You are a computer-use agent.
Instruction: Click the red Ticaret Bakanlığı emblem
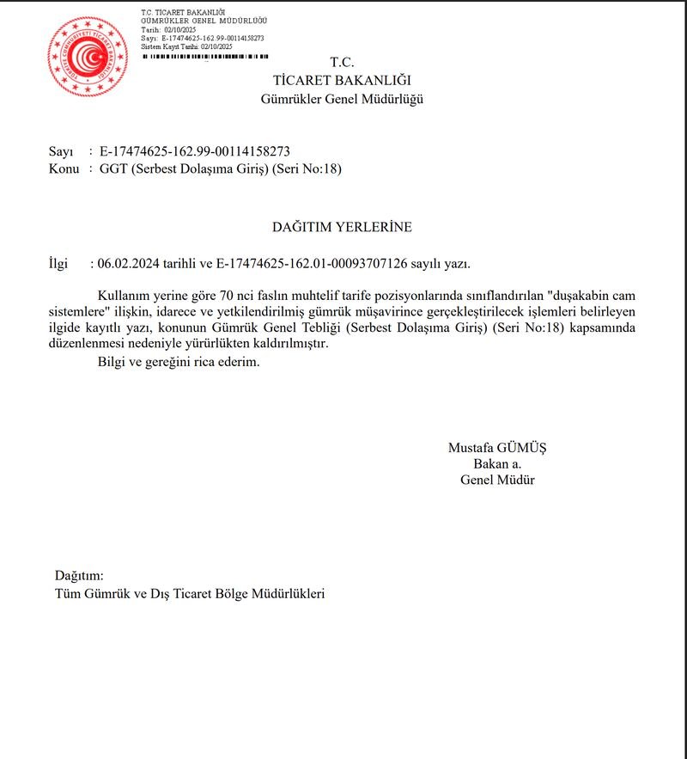click(87, 56)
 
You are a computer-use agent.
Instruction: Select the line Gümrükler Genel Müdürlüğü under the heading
click(342, 99)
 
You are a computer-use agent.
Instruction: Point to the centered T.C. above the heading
click(342, 62)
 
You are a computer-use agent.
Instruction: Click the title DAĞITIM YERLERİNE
click(342, 227)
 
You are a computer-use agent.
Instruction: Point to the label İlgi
click(58, 264)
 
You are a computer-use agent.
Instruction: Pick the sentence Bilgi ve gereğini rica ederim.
click(179, 361)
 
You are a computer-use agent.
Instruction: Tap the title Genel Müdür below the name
click(497, 480)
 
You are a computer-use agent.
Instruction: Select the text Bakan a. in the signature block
click(497, 463)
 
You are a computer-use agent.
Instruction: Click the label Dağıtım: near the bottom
click(79, 575)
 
